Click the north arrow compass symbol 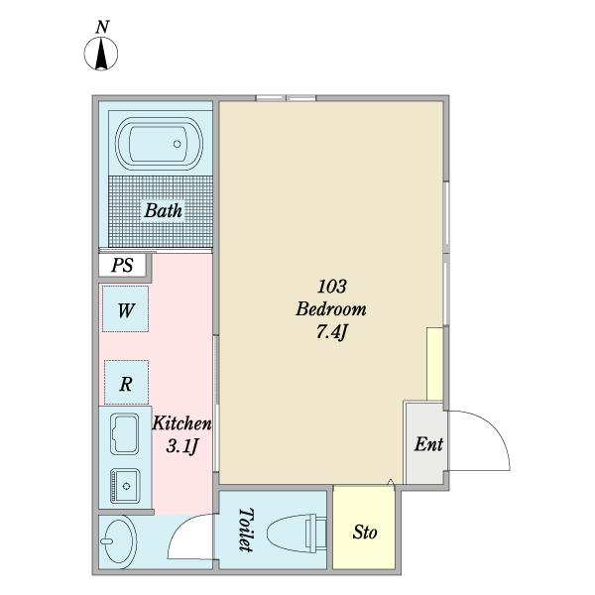click(x=101, y=54)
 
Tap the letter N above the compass click(x=102, y=28)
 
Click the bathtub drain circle click(x=178, y=144)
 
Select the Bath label click(x=164, y=210)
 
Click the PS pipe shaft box click(x=122, y=265)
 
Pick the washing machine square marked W click(x=125, y=308)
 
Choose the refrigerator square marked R click(x=126, y=382)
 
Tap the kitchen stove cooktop click(x=125, y=435)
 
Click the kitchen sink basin click(x=125, y=486)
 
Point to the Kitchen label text click(x=181, y=423)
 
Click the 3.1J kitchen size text click(x=182, y=446)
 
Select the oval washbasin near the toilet click(x=118, y=541)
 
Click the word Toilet click(x=246, y=531)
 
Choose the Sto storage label click(x=365, y=532)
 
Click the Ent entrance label click(x=428, y=444)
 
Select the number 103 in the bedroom click(x=331, y=287)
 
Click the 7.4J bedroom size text click(x=331, y=333)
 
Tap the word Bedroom click(x=331, y=309)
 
